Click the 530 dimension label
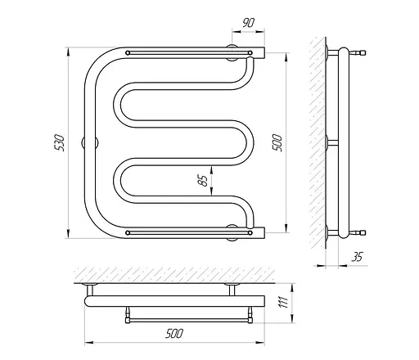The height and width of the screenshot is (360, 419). pyautogui.click(x=60, y=142)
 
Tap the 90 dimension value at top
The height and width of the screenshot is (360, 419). pyautogui.click(x=248, y=23)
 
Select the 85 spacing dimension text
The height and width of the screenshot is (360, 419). pyautogui.click(x=203, y=180)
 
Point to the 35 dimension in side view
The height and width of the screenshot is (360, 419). pyautogui.click(x=357, y=257)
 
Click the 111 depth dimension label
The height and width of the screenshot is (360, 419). pyautogui.click(x=284, y=302)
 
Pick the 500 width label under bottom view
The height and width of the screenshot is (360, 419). pyautogui.click(x=174, y=334)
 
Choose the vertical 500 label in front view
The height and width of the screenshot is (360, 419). pyautogui.click(x=277, y=142)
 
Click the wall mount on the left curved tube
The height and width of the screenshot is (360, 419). pyautogui.click(x=90, y=143)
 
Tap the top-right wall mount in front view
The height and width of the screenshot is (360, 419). pyautogui.click(x=232, y=52)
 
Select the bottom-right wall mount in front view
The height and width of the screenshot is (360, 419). pyautogui.click(x=232, y=232)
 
